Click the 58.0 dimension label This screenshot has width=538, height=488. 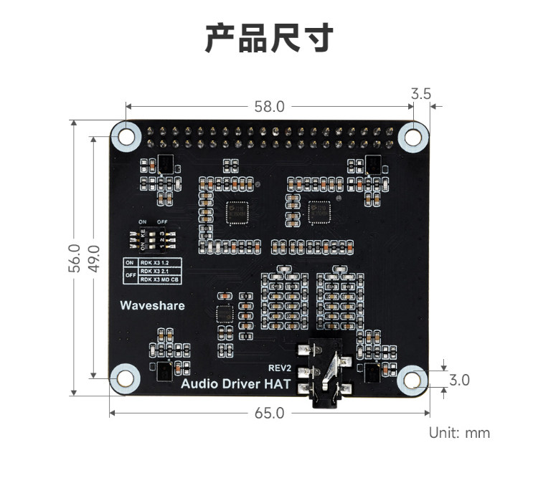click(x=269, y=106)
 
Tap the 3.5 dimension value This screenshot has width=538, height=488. click(x=421, y=93)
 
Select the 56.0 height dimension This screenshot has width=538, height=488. click(x=73, y=258)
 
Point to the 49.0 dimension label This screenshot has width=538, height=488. click(x=93, y=258)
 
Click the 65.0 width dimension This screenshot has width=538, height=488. click(x=269, y=413)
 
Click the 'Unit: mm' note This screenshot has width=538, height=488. click(x=459, y=432)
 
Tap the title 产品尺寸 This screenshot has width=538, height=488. click(x=269, y=38)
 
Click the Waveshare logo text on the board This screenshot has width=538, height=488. click(x=152, y=305)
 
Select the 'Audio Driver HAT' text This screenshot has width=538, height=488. click(x=235, y=384)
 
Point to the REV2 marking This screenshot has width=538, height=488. click(x=280, y=368)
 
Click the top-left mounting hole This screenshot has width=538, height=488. click(x=126, y=135)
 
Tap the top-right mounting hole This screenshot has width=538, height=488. click(x=413, y=135)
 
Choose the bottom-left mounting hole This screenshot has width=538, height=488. click(x=124, y=377)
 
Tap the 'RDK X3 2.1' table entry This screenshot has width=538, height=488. click(x=155, y=272)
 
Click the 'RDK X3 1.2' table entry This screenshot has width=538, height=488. click(x=155, y=263)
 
